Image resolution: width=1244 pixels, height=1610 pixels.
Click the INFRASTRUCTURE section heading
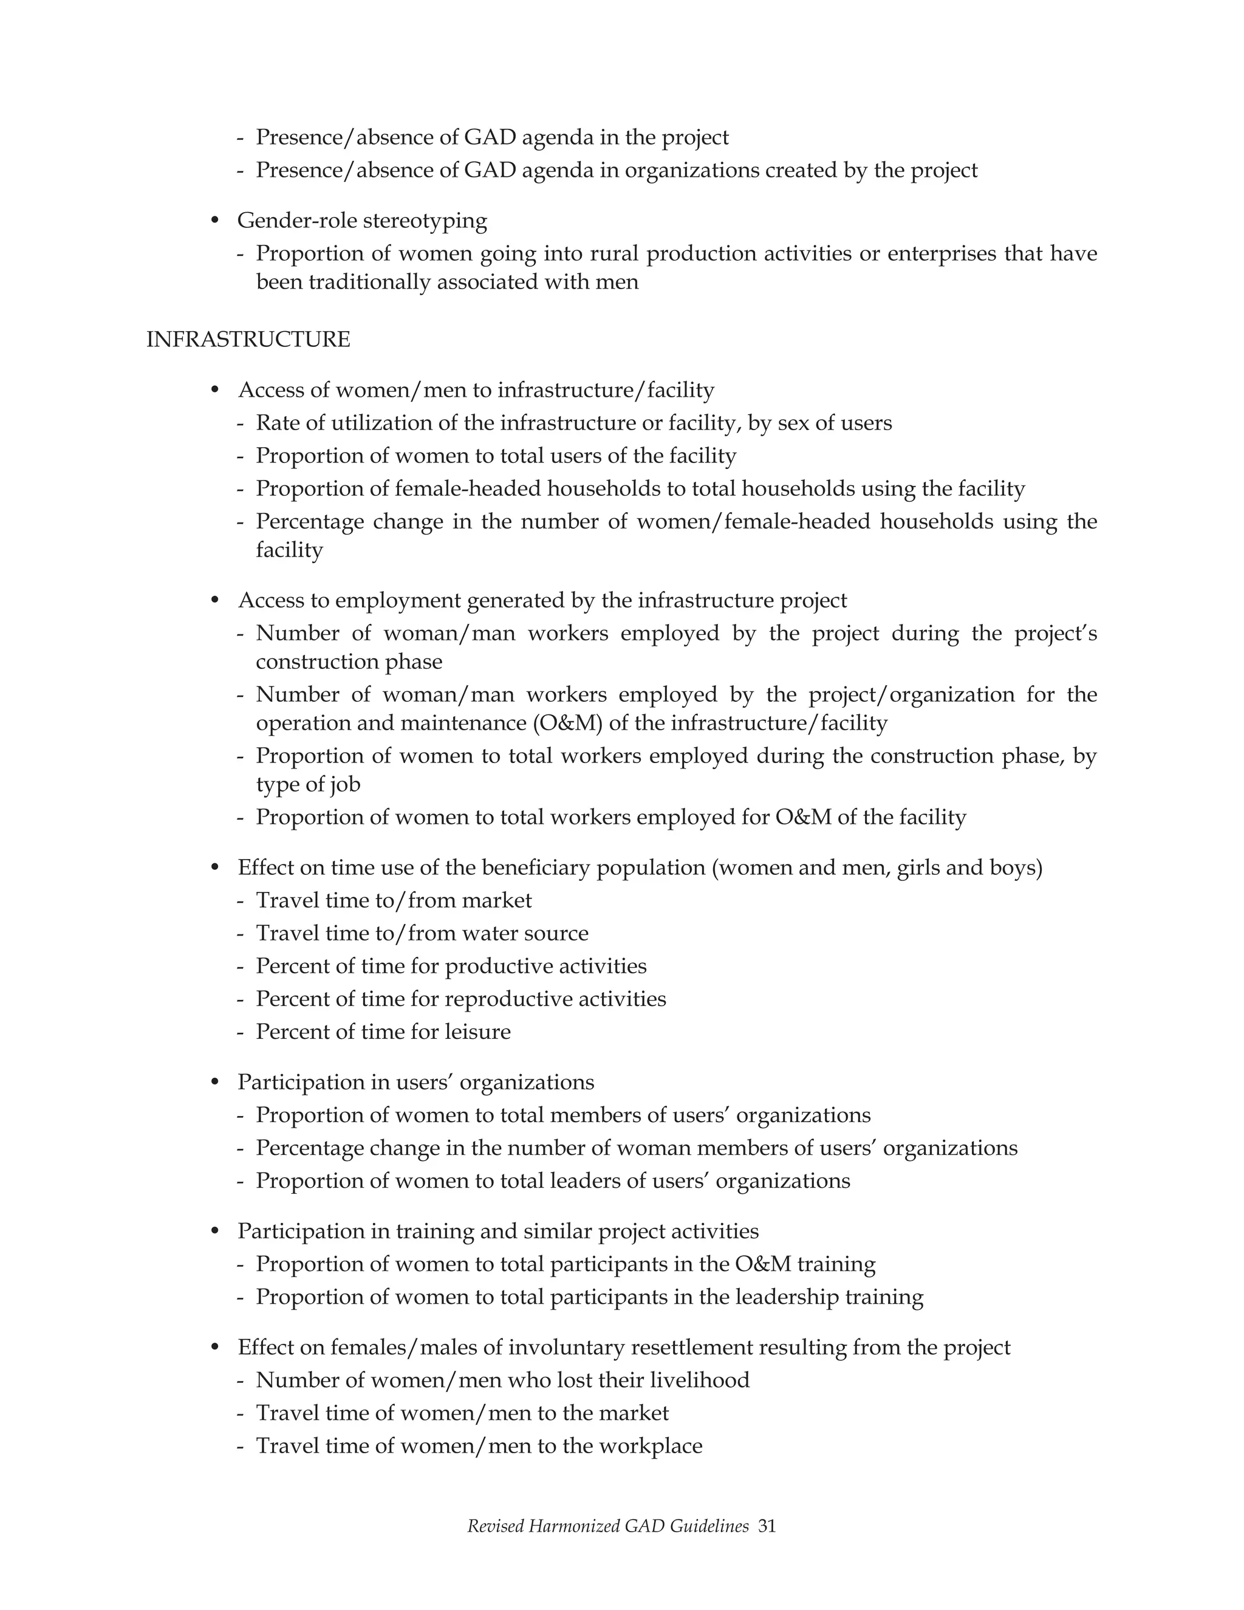(248, 340)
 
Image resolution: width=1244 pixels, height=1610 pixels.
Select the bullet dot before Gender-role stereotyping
(215, 221)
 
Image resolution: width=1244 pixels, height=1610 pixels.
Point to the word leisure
(477, 1032)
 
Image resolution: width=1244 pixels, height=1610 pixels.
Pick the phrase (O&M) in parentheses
(567, 723)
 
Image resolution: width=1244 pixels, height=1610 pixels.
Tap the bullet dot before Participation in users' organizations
(215, 1082)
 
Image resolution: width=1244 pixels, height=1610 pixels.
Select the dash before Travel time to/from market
(241, 901)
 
